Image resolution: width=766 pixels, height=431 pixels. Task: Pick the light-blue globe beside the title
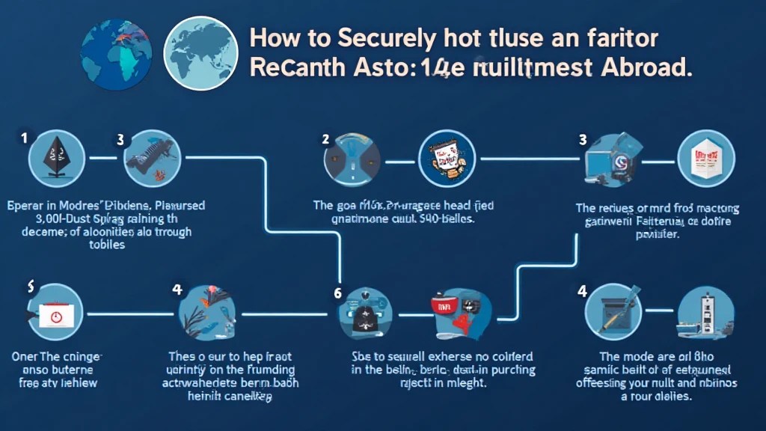198,50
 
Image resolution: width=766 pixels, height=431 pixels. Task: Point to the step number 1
24,138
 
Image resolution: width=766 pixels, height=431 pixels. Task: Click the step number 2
325,138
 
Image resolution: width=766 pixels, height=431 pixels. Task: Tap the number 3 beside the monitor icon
582,139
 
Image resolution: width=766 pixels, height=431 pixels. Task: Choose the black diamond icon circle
52,159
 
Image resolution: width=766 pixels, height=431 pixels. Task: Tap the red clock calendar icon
55,314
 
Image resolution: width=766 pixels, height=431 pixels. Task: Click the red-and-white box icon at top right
705,159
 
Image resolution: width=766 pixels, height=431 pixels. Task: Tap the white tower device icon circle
705,314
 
